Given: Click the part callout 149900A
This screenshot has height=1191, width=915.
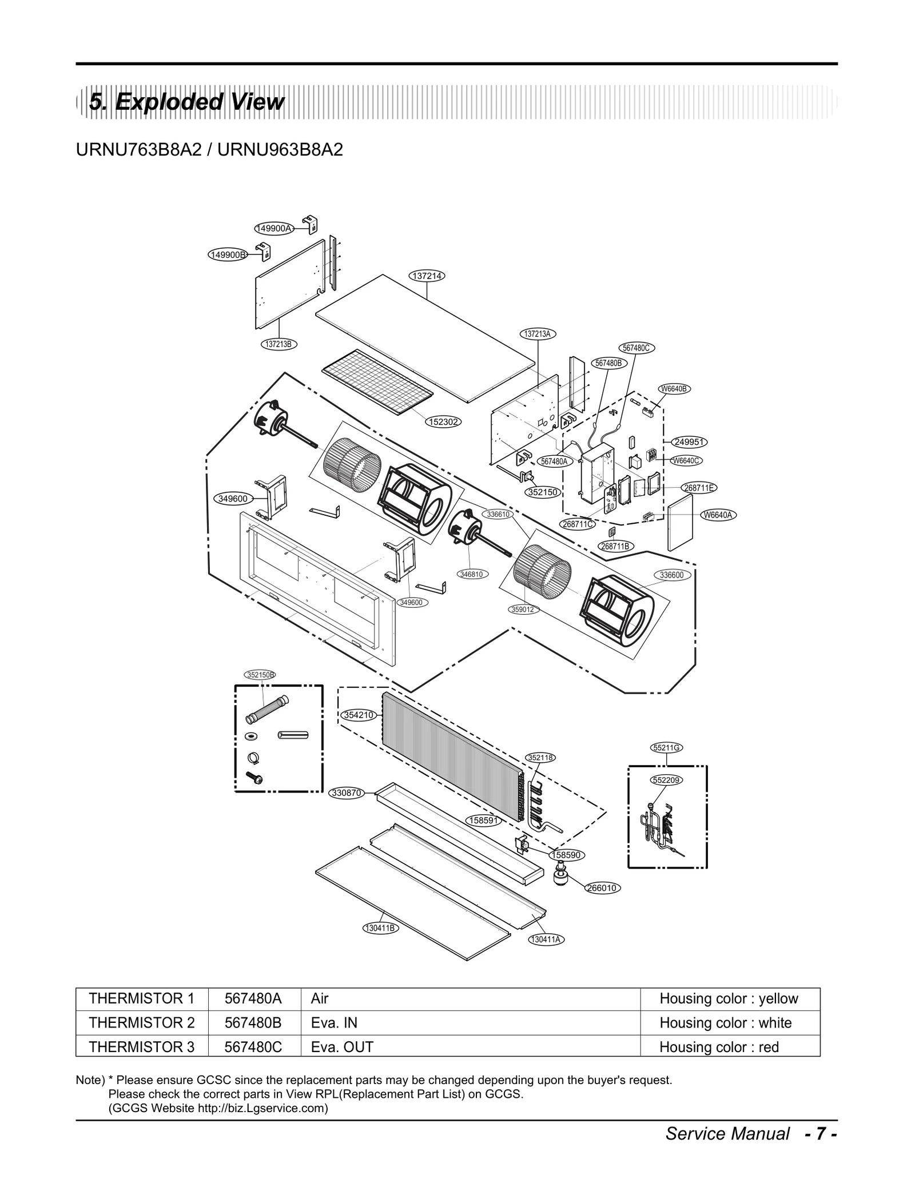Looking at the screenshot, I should click(273, 228).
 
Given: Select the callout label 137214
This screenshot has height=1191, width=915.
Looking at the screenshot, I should click(427, 276).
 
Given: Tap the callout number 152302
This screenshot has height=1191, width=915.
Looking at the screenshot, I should click(443, 422).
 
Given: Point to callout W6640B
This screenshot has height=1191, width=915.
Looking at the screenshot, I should click(674, 389).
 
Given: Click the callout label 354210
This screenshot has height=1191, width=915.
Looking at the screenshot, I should click(359, 715).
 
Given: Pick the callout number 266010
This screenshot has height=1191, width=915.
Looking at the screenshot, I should click(602, 888).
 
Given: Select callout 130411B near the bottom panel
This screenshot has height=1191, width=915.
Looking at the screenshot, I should click(380, 927).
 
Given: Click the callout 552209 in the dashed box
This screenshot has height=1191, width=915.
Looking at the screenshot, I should click(667, 780).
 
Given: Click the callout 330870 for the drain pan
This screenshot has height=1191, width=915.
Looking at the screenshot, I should click(347, 793).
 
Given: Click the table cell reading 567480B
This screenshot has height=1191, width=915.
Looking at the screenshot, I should click(253, 1022).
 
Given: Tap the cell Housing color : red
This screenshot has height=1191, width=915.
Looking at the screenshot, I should click(719, 1047).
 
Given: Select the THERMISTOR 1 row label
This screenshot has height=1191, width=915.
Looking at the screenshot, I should click(141, 998).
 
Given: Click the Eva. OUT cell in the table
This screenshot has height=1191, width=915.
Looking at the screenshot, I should click(342, 1047).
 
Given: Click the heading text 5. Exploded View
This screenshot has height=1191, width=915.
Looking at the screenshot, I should click(186, 102).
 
